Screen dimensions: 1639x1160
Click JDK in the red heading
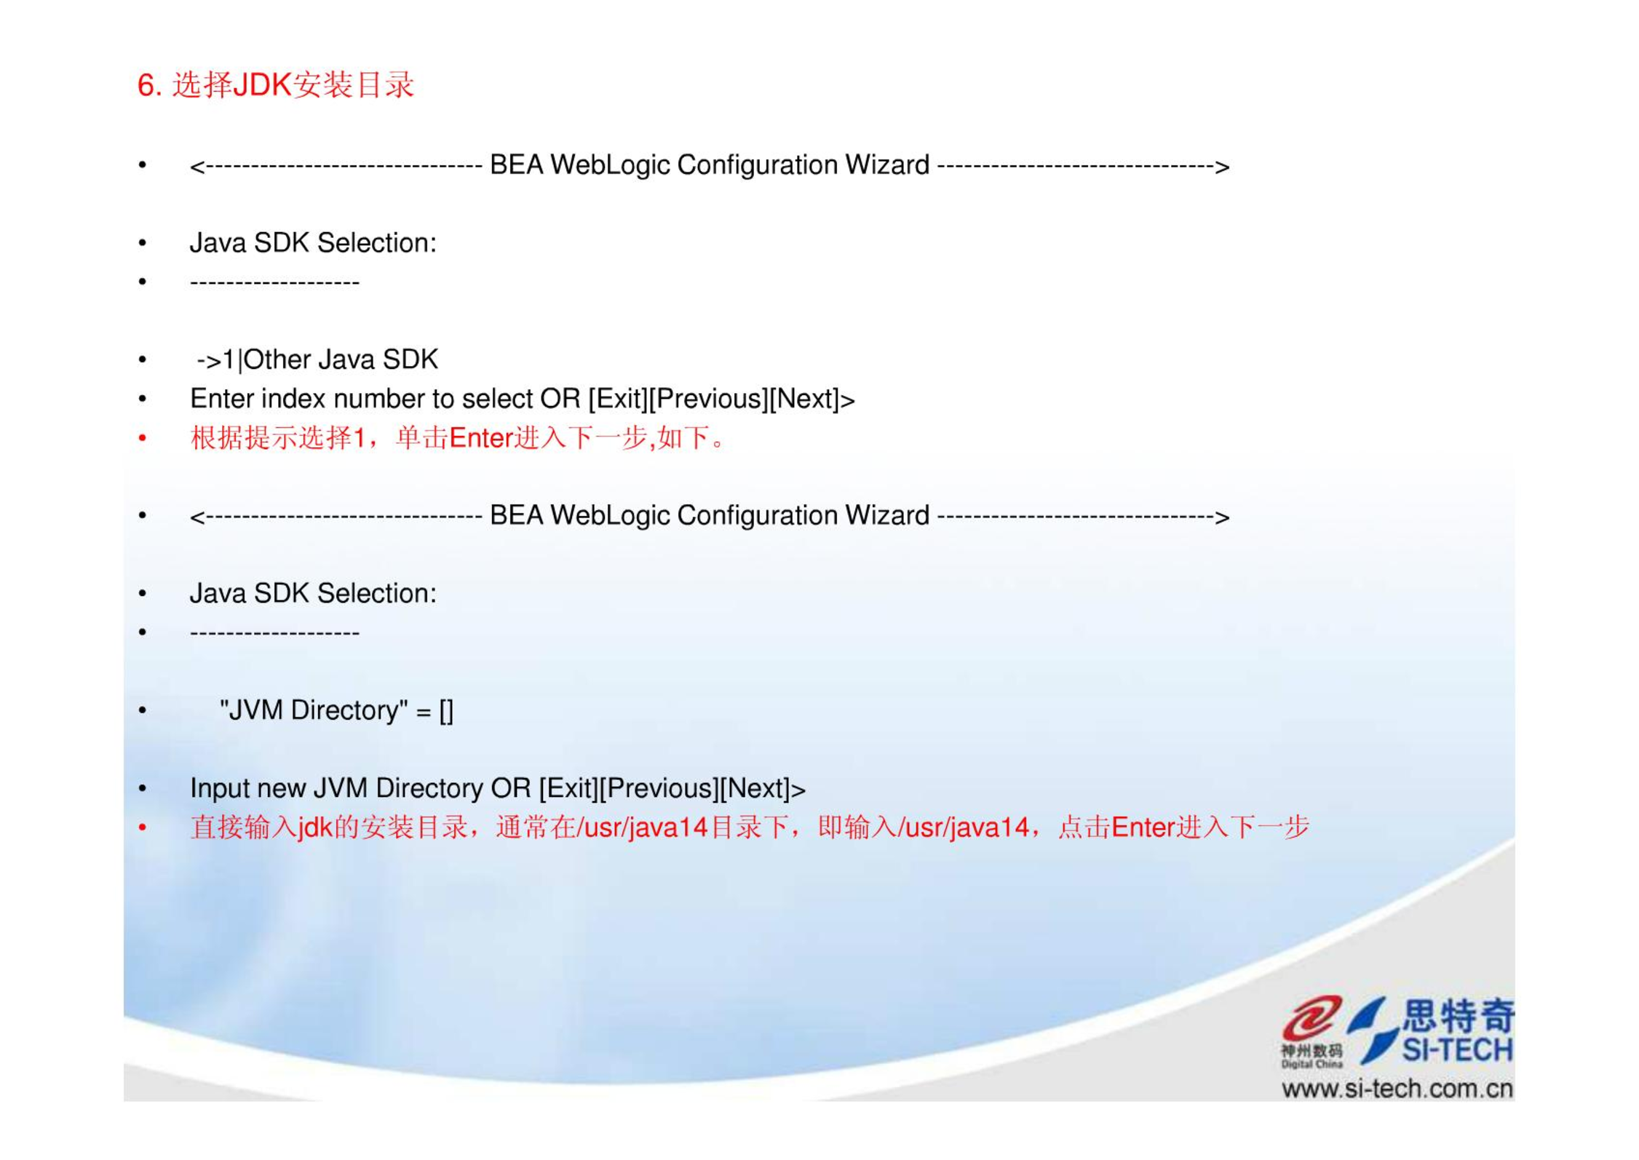point(262,85)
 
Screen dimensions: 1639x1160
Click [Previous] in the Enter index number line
point(708,400)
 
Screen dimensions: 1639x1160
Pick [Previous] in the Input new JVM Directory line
point(659,789)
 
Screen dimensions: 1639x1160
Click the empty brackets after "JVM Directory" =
point(446,711)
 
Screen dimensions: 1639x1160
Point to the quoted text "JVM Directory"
point(314,710)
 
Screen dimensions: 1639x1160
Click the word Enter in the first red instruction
point(482,438)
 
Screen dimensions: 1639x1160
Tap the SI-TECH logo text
point(1457,1050)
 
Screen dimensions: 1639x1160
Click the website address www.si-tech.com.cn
point(1397,1089)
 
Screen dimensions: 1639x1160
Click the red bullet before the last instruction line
point(143,827)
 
